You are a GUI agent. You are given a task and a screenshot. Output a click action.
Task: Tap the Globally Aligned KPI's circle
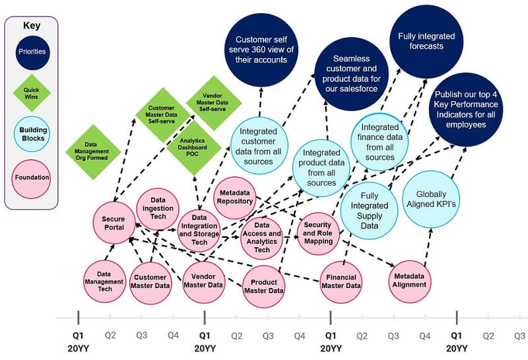[430, 196]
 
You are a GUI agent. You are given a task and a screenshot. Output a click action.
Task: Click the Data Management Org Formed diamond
[92, 151]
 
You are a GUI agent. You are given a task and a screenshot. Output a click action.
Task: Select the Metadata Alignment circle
[411, 281]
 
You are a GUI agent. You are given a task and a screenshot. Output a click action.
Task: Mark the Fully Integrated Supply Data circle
[370, 210]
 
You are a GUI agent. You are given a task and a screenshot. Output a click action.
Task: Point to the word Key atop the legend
[30, 26]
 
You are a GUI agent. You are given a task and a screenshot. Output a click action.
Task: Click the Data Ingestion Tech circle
[158, 209]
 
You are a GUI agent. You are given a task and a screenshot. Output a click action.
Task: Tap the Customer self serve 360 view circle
[261, 50]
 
